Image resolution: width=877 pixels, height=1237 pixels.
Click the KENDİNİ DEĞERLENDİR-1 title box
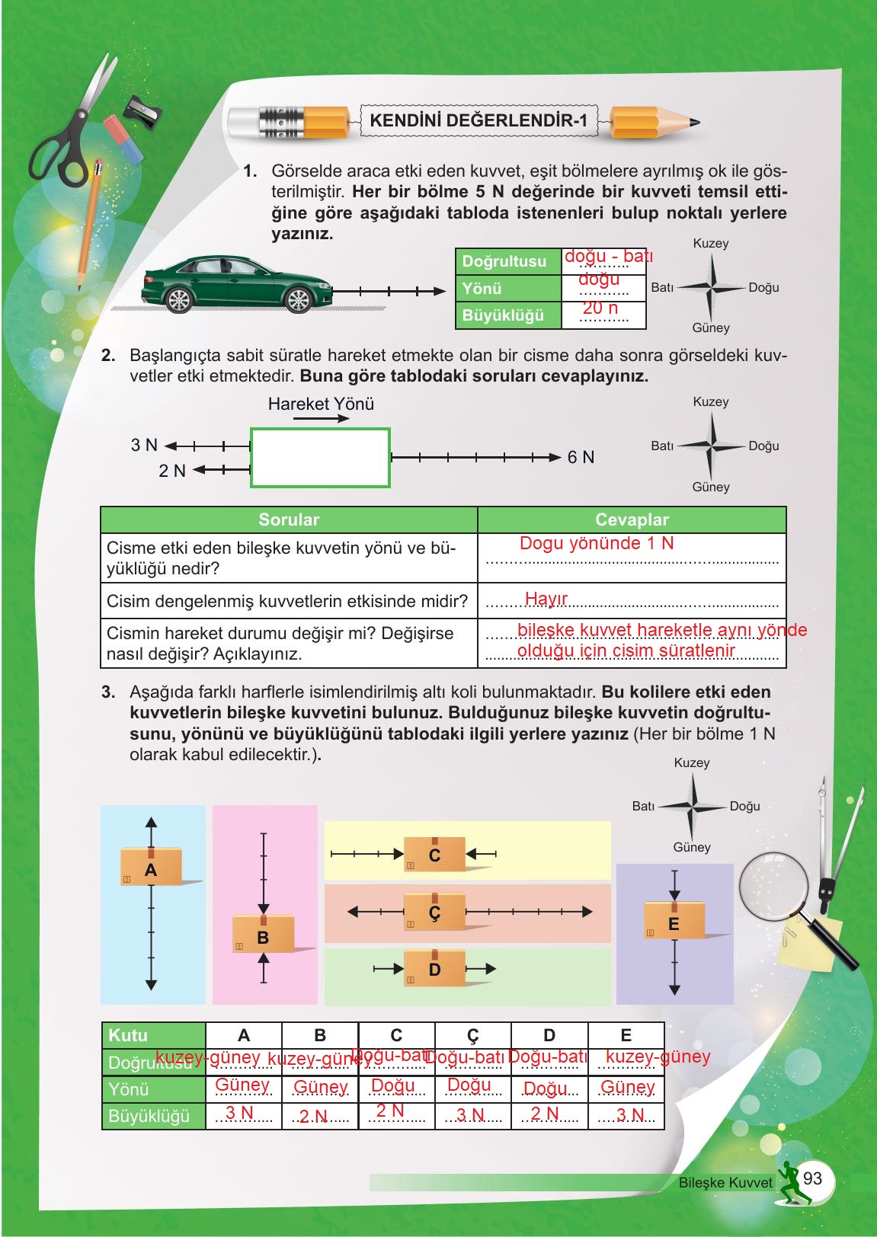pyautogui.click(x=478, y=120)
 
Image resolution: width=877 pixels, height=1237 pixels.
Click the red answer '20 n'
pyautogui.click(x=600, y=308)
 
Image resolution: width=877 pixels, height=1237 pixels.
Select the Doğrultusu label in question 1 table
pyautogui.click(x=504, y=261)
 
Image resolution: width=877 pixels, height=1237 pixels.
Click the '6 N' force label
pyautogui.click(x=581, y=457)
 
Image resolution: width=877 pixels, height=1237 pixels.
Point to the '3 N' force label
pyautogui.click(x=144, y=445)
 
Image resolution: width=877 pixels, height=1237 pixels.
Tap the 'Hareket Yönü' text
pyautogui.click(x=321, y=404)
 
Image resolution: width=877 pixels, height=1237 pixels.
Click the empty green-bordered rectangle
pyautogui.click(x=320, y=457)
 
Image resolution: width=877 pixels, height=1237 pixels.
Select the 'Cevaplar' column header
pyautogui.click(x=631, y=519)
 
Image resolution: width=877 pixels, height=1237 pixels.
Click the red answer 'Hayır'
pyautogui.click(x=546, y=599)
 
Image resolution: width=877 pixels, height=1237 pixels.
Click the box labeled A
pyautogui.click(x=151, y=867)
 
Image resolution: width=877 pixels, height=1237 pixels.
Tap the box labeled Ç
pyautogui.click(x=434, y=913)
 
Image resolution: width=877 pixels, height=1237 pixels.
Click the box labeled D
pyautogui.click(x=434, y=969)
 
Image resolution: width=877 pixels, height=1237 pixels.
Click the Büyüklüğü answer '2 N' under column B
pyautogui.click(x=313, y=1117)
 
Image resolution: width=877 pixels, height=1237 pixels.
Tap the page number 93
pyautogui.click(x=812, y=1178)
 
